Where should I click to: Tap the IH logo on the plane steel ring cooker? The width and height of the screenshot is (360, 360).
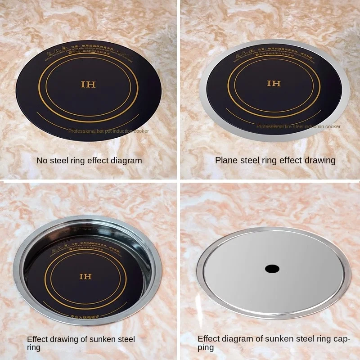[x=274, y=84]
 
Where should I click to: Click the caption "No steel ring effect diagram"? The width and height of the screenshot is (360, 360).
[x=89, y=160]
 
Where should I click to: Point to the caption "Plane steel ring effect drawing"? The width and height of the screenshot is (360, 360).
[x=275, y=160]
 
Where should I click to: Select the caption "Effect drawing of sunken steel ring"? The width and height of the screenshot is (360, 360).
[x=81, y=343]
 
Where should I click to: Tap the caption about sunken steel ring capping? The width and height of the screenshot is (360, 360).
[x=273, y=343]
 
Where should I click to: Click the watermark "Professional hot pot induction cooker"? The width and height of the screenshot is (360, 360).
[x=108, y=131]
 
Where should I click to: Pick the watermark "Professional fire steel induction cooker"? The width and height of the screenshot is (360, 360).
[x=298, y=127]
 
